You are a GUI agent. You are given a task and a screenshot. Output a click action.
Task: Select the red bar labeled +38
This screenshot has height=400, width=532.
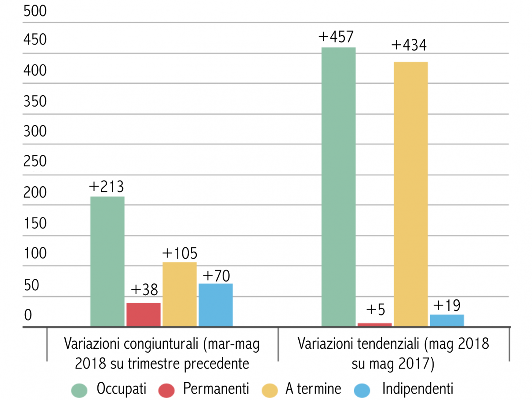click(143, 315)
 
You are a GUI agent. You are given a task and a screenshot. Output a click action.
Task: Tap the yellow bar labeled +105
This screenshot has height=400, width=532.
click(179, 294)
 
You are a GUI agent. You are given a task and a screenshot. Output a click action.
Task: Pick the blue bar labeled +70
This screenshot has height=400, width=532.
click(215, 305)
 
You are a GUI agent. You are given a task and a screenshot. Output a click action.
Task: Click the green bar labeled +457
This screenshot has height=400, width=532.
click(338, 187)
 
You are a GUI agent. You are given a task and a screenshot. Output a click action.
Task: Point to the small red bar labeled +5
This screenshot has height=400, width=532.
click(374, 324)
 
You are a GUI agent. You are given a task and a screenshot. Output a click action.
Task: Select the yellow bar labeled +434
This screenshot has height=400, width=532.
click(410, 194)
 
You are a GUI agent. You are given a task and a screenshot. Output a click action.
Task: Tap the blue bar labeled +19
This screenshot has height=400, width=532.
click(446, 320)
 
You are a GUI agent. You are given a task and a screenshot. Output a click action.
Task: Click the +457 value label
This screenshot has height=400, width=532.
click(336, 37)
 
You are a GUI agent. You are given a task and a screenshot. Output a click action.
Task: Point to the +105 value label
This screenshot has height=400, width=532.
click(180, 253)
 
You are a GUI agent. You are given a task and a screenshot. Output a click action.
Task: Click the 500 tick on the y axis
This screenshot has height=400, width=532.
click(35, 11)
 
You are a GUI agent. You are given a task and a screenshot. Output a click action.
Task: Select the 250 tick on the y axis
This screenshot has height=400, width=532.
click(35, 161)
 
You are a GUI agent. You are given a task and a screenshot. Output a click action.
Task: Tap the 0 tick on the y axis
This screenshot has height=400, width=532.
click(28, 315)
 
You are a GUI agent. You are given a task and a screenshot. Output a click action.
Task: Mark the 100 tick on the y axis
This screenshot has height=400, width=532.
click(35, 253)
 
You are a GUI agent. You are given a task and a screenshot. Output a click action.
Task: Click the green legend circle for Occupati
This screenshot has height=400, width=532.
click(79, 390)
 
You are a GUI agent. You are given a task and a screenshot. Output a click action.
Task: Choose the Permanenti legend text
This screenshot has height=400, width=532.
click(216, 389)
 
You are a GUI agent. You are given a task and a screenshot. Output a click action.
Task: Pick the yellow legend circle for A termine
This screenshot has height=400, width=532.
click(270, 390)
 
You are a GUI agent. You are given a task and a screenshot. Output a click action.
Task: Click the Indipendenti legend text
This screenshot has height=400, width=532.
click(418, 389)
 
